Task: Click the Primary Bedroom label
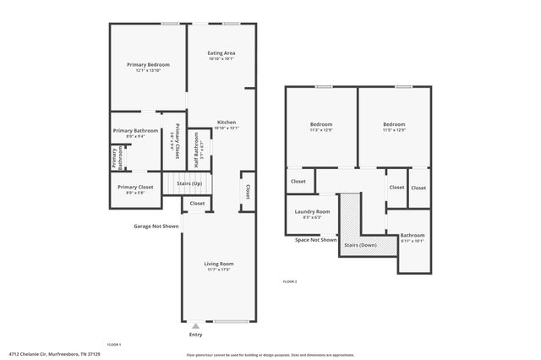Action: [x=148, y=65]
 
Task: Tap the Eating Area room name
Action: [x=221, y=53]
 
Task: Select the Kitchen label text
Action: [x=227, y=122]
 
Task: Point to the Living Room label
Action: [x=218, y=264]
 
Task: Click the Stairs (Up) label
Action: [x=189, y=183]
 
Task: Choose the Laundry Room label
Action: [x=312, y=211]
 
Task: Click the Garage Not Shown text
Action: [x=156, y=226]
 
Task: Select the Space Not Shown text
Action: [x=316, y=240]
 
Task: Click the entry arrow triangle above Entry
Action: [x=196, y=325]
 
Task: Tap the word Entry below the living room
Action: [x=195, y=335]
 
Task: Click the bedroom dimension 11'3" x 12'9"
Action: [x=320, y=130]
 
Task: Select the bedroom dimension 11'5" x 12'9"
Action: [x=394, y=130]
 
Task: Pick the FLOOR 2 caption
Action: [x=289, y=281]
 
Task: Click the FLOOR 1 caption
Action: [x=114, y=345]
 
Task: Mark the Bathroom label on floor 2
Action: [x=413, y=235]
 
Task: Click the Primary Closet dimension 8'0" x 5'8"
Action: [x=135, y=194]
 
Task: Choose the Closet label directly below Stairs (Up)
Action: [x=197, y=203]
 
